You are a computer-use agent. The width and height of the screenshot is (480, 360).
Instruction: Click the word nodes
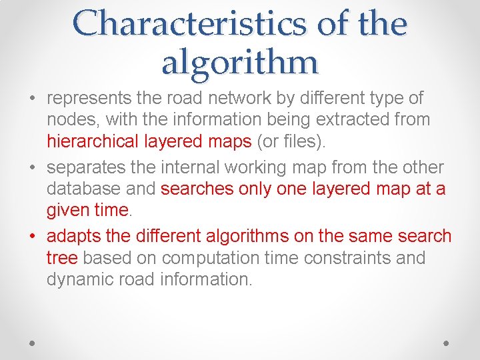pos(68,120)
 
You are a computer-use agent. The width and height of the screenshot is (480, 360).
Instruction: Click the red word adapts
pos(71,236)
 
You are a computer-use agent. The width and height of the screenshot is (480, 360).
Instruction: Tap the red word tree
pos(62,257)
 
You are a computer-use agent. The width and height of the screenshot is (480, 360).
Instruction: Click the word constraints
pos(350,257)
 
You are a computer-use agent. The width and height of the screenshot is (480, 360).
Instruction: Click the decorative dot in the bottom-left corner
pos(33,342)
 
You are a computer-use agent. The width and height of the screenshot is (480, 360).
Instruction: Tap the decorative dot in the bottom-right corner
pos(446,342)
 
